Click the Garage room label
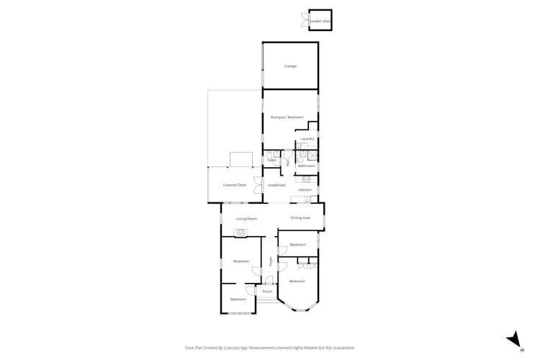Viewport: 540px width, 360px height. tap(290, 66)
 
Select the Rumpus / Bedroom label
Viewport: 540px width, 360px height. tap(287, 117)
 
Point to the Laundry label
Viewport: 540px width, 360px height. tap(307, 139)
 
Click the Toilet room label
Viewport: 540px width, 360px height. tap(272, 160)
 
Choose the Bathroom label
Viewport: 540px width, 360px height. tap(307, 166)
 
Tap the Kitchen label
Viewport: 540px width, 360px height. tap(305, 189)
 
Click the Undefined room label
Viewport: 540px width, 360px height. tap(276, 185)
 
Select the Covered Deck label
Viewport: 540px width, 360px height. tap(235, 185)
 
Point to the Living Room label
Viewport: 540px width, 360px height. tap(246, 218)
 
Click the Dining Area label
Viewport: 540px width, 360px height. tap(300, 217)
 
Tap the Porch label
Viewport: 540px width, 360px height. tap(267, 292)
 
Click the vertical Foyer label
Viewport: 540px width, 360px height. tap(271, 262)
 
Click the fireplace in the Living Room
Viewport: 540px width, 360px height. tap(240, 231)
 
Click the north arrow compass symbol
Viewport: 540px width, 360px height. tap(515, 338)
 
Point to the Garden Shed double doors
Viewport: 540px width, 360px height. tap(305, 22)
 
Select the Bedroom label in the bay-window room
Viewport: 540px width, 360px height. tap(297, 281)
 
